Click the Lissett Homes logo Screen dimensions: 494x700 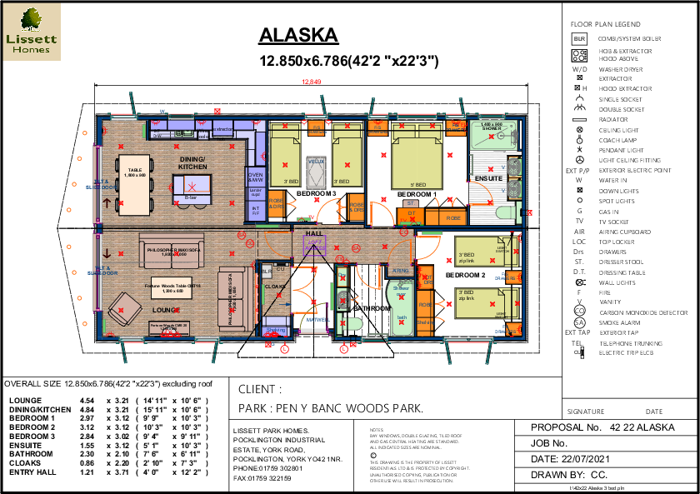click(32, 32)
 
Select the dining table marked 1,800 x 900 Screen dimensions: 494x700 click(134, 184)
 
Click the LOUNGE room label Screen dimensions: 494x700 click(165, 310)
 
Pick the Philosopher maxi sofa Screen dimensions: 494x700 click(172, 250)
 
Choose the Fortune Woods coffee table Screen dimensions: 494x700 click(172, 287)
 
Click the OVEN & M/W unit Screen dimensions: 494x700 click(256, 177)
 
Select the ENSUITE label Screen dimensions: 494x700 click(487, 178)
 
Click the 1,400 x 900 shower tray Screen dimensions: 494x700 click(492, 135)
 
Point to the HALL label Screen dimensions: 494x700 click(314, 234)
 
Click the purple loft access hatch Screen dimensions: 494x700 click(314, 245)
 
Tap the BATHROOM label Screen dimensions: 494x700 click(372, 308)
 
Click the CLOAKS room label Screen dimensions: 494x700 click(275, 287)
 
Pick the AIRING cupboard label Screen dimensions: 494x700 click(401, 271)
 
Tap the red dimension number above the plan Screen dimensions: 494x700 click(311, 82)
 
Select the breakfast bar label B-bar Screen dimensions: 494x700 click(191, 197)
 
